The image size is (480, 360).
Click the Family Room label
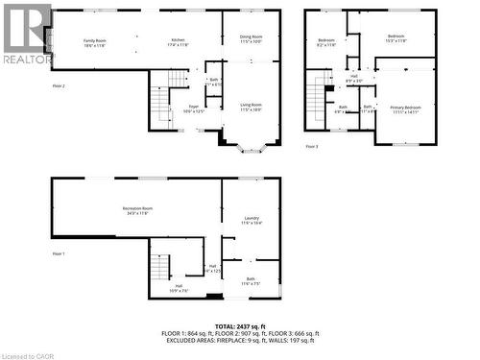[94, 41]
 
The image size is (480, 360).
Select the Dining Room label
[251, 37]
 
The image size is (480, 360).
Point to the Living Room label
[251, 108]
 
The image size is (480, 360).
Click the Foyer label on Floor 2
[193, 108]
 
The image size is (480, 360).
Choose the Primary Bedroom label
[405, 108]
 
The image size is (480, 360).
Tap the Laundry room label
[252, 220]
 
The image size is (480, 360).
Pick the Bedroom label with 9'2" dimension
[326, 41]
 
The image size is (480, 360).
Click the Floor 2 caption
[59, 85]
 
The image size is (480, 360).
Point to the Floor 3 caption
[312, 146]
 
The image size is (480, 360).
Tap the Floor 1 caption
[59, 252]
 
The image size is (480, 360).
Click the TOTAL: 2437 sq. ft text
[240, 326]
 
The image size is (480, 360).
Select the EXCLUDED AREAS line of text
[240, 340]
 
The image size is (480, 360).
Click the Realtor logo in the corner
[27, 34]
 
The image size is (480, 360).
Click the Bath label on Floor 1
[251, 282]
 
